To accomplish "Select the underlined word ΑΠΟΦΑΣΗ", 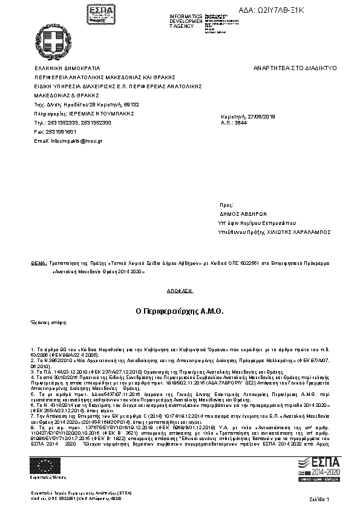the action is pos(180,290).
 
